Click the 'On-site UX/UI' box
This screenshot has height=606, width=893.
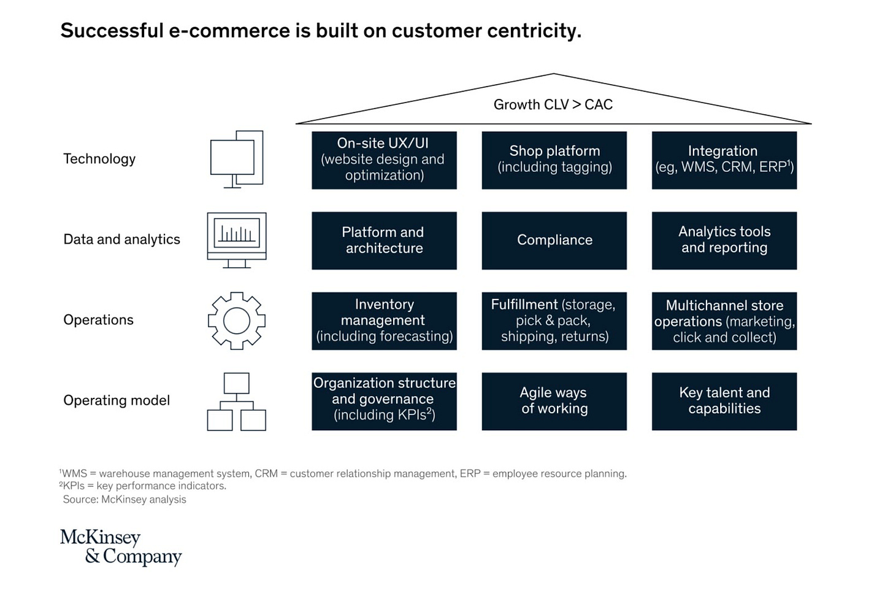click(384, 160)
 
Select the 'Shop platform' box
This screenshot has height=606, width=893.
click(554, 160)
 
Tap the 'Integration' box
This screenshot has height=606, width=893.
click(724, 160)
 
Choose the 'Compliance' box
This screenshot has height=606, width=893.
click(554, 241)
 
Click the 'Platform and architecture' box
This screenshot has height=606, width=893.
click(384, 241)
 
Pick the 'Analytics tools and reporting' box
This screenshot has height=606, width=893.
click(724, 241)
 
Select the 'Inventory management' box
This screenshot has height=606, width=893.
click(384, 321)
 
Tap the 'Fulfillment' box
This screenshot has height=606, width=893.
click(554, 321)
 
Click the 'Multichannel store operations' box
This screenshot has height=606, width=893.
click(724, 321)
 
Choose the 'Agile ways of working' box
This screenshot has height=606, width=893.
click(554, 402)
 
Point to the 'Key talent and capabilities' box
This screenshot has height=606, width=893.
click(724, 402)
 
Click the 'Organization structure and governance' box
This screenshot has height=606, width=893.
click(384, 402)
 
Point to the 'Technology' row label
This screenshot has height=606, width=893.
click(99, 159)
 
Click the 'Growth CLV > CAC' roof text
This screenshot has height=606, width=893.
click(553, 104)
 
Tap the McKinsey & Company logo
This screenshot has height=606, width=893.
click(121, 547)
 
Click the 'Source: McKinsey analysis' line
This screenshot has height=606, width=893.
click(125, 499)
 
